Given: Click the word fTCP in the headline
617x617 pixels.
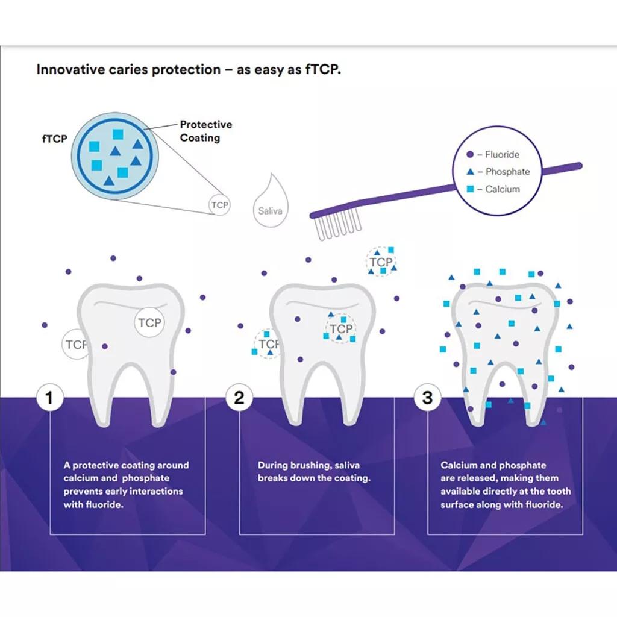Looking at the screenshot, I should coord(324,69).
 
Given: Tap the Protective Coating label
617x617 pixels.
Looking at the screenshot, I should coord(205,131).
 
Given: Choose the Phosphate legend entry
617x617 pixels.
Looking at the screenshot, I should coord(502,172).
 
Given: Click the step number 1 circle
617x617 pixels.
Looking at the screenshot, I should coord(50,398).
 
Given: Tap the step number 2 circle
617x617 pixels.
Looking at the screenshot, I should coord(239,398).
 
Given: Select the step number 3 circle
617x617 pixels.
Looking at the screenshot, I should coord(427,398).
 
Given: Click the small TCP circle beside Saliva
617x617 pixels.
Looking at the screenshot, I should coord(219,205).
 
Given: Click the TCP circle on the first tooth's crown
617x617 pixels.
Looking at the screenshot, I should coord(149,322).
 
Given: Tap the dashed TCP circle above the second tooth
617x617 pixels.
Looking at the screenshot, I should coord(381,262).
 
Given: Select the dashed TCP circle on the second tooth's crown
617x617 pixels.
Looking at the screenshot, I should coord(340,329).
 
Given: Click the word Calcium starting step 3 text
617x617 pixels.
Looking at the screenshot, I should coord(460,465).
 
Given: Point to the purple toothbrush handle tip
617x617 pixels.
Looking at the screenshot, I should coord(579,165).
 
